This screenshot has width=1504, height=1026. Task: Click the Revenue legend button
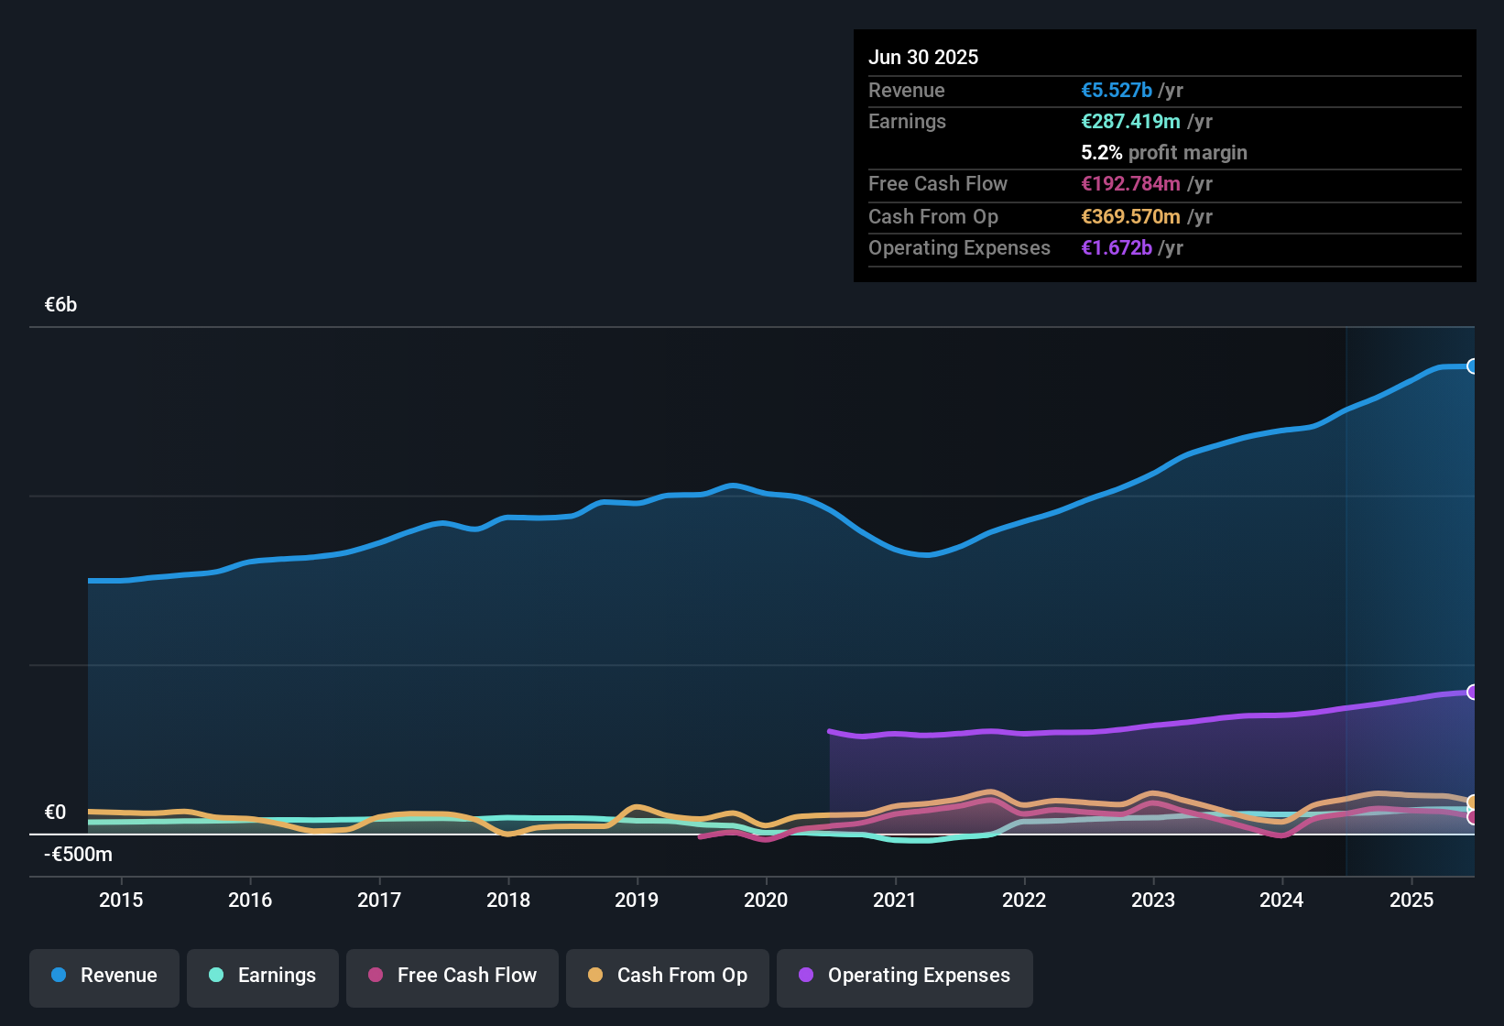click(x=104, y=976)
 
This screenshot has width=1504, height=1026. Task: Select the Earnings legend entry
click(x=263, y=976)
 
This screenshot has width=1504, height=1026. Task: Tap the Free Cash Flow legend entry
click(x=452, y=976)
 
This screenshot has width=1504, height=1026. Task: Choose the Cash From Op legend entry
click(x=668, y=976)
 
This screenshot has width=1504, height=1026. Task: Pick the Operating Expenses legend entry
click(x=905, y=976)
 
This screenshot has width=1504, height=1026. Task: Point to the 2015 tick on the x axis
click(x=121, y=900)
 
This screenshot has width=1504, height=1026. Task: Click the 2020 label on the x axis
click(x=766, y=900)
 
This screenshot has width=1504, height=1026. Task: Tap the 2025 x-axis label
click(x=1411, y=900)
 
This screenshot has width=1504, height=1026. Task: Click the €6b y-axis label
click(x=61, y=305)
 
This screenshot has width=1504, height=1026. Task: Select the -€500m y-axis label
click(x=78, y=855)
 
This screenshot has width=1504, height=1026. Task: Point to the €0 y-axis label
click(x=55, y=813)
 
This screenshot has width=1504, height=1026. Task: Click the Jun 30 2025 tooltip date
click(x=923, y=58)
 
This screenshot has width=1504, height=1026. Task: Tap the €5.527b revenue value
click(x=1117, y=91)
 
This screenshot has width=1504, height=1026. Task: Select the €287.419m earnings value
click(x=1130, y=122)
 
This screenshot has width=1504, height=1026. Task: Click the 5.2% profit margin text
click(x=1163, y=153)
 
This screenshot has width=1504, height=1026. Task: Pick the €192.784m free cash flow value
click(x=1130, y=184)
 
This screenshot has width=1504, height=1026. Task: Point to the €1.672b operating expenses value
click(x=1117, y=248)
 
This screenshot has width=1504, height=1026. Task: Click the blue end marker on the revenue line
click(x=1472, y=366)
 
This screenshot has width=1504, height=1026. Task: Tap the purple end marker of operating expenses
click(x=1472, y=692)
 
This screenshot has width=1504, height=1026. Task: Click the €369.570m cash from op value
click(x=1130, y=217)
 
